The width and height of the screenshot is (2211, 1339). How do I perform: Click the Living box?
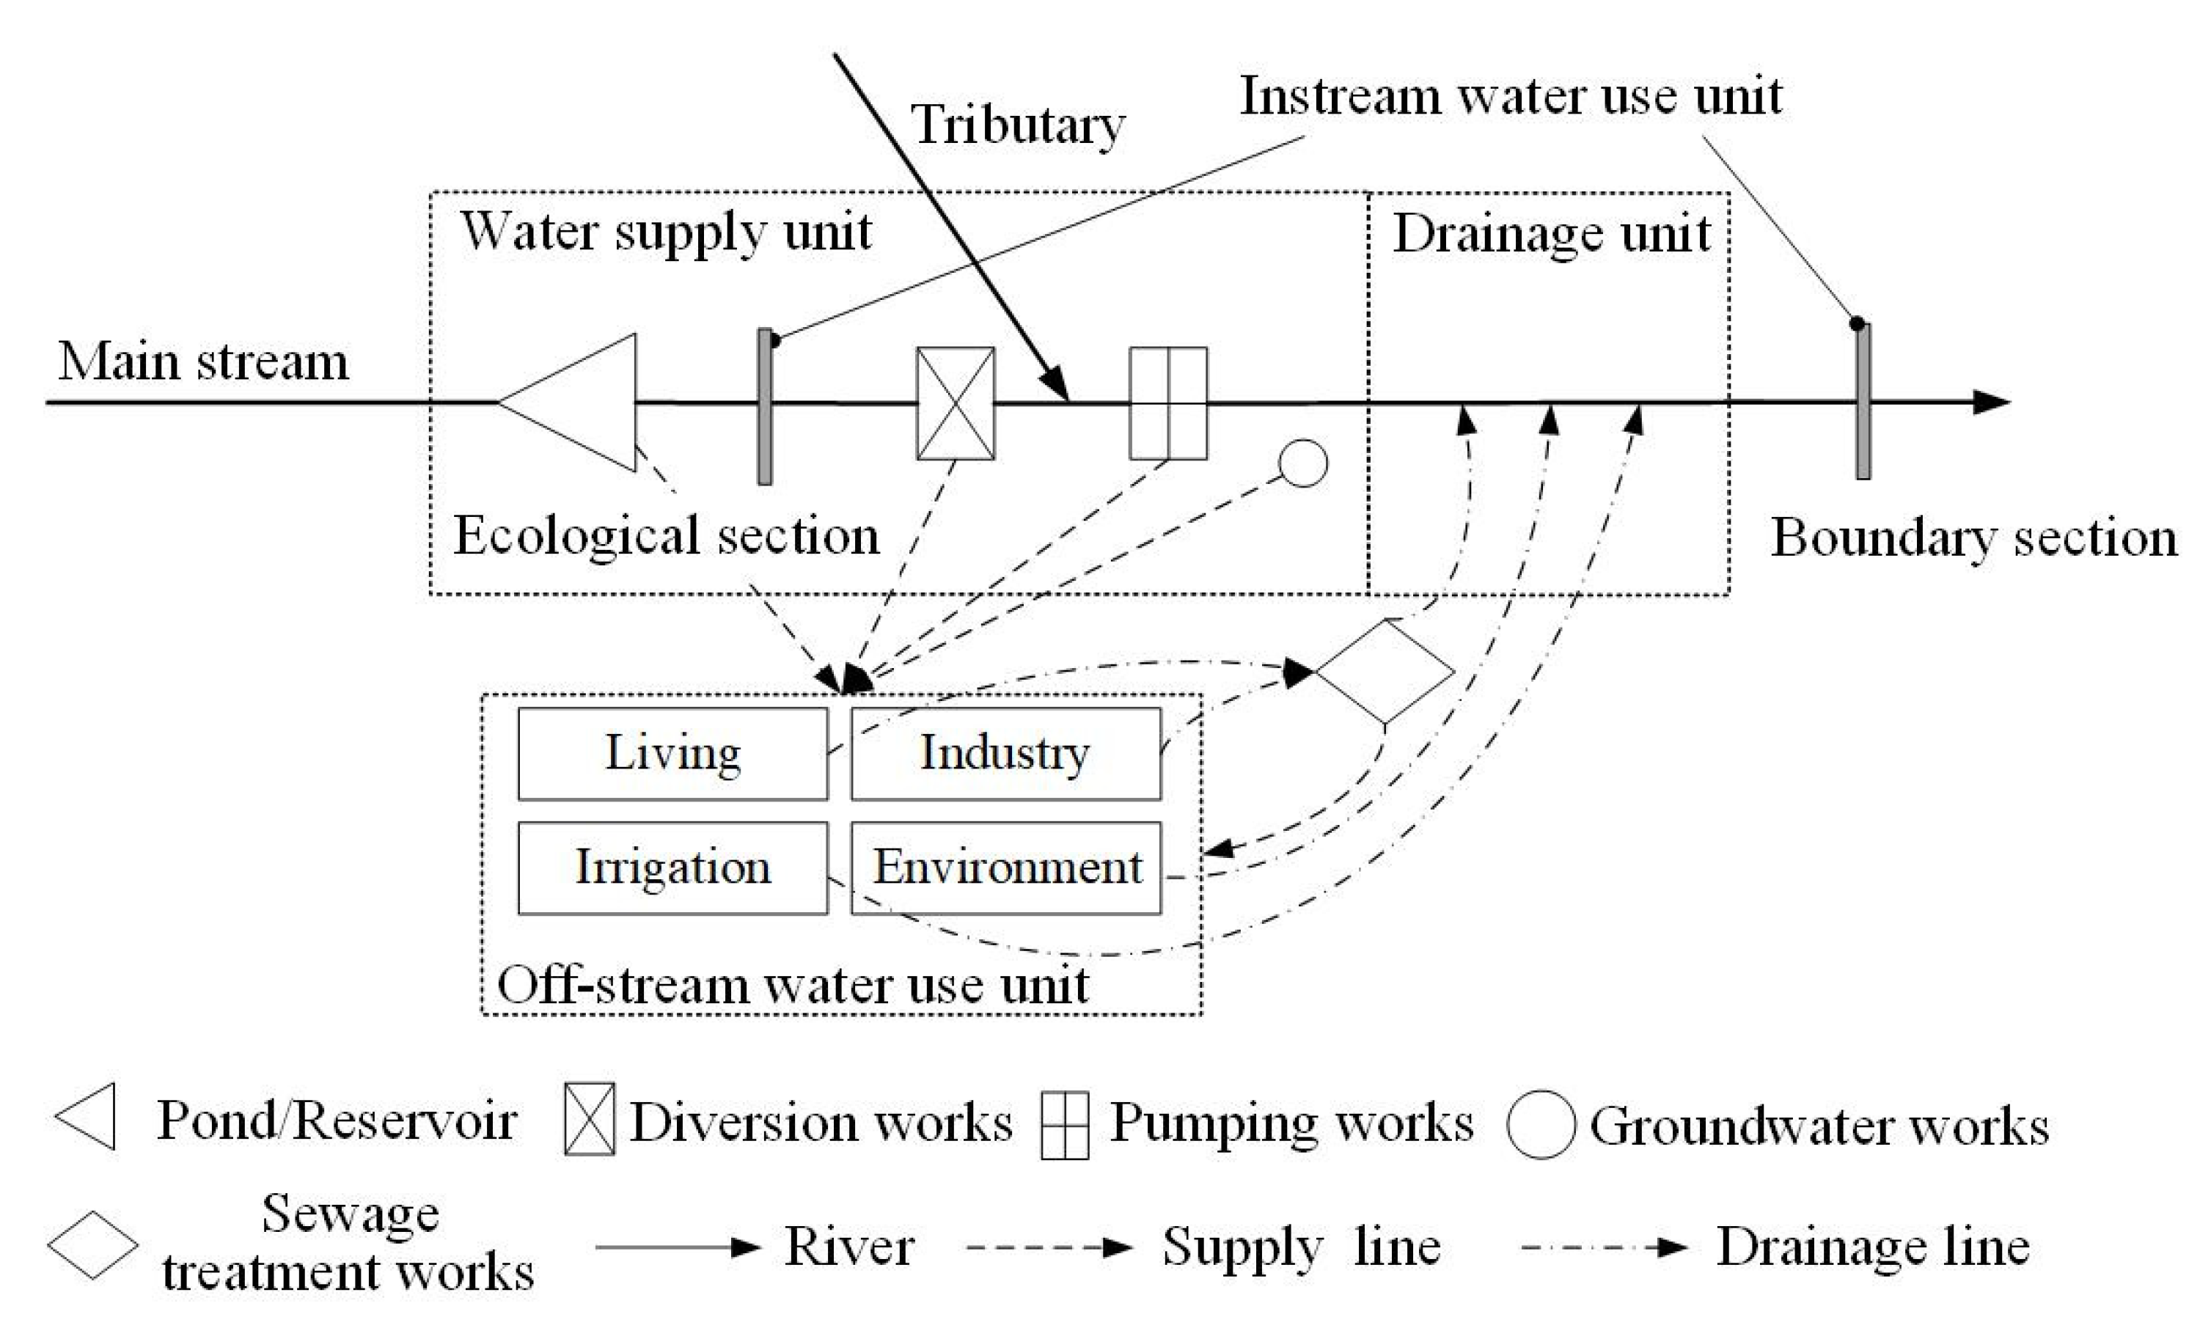673,753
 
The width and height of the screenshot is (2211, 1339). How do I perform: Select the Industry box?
1005,753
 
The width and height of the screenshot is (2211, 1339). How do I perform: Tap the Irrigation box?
673,867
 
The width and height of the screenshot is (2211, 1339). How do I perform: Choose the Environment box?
1005,867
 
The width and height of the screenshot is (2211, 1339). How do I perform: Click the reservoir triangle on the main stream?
583,403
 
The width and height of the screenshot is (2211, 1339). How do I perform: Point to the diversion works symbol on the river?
956,403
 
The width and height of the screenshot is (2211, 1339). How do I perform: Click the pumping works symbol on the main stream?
1167,403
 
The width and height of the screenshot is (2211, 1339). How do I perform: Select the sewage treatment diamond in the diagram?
1385,671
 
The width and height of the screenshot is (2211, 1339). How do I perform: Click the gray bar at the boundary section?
1863,401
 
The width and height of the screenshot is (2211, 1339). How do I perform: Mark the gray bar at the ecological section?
765,406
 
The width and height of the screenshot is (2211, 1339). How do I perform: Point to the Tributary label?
1018,125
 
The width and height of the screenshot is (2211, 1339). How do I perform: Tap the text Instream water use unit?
1510,96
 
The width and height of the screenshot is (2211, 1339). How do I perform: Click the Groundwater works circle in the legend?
1541,1124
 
